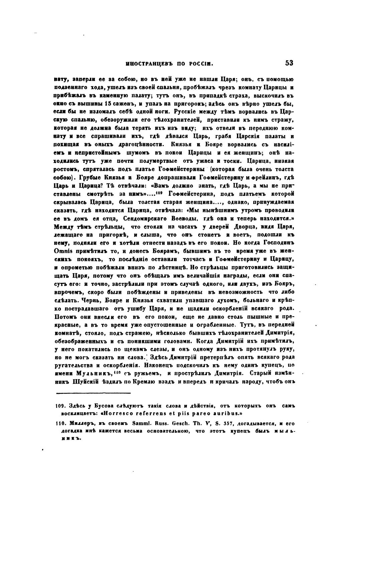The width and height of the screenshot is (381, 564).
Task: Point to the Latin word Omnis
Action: [x=62, y=250]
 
